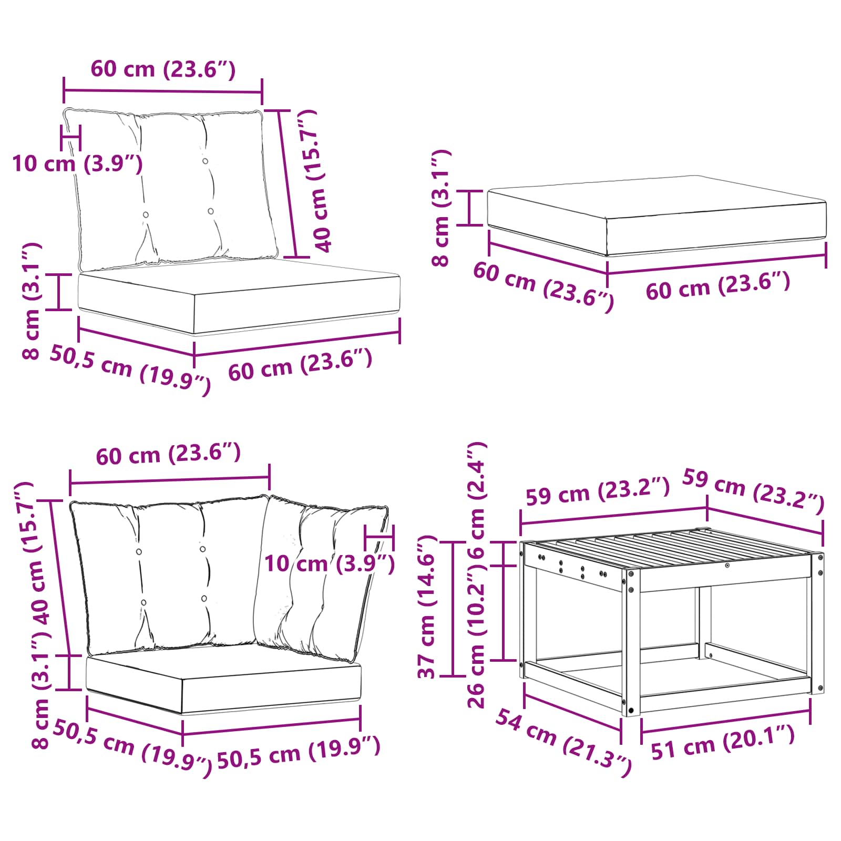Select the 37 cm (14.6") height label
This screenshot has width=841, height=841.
pyautogui.click(x=427, y=607)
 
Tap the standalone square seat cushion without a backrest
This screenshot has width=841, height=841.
pyautogui.click(x=657, y=216)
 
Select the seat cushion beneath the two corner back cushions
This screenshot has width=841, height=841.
pyautogui.click(x=224, y=679)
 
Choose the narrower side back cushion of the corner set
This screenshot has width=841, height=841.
pyautogui.click(x=321, y=578)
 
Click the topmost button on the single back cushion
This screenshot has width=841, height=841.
pyautogui.click(x=205, y=161)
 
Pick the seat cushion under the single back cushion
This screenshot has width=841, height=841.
pyautogui.click(x=239, y=296)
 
